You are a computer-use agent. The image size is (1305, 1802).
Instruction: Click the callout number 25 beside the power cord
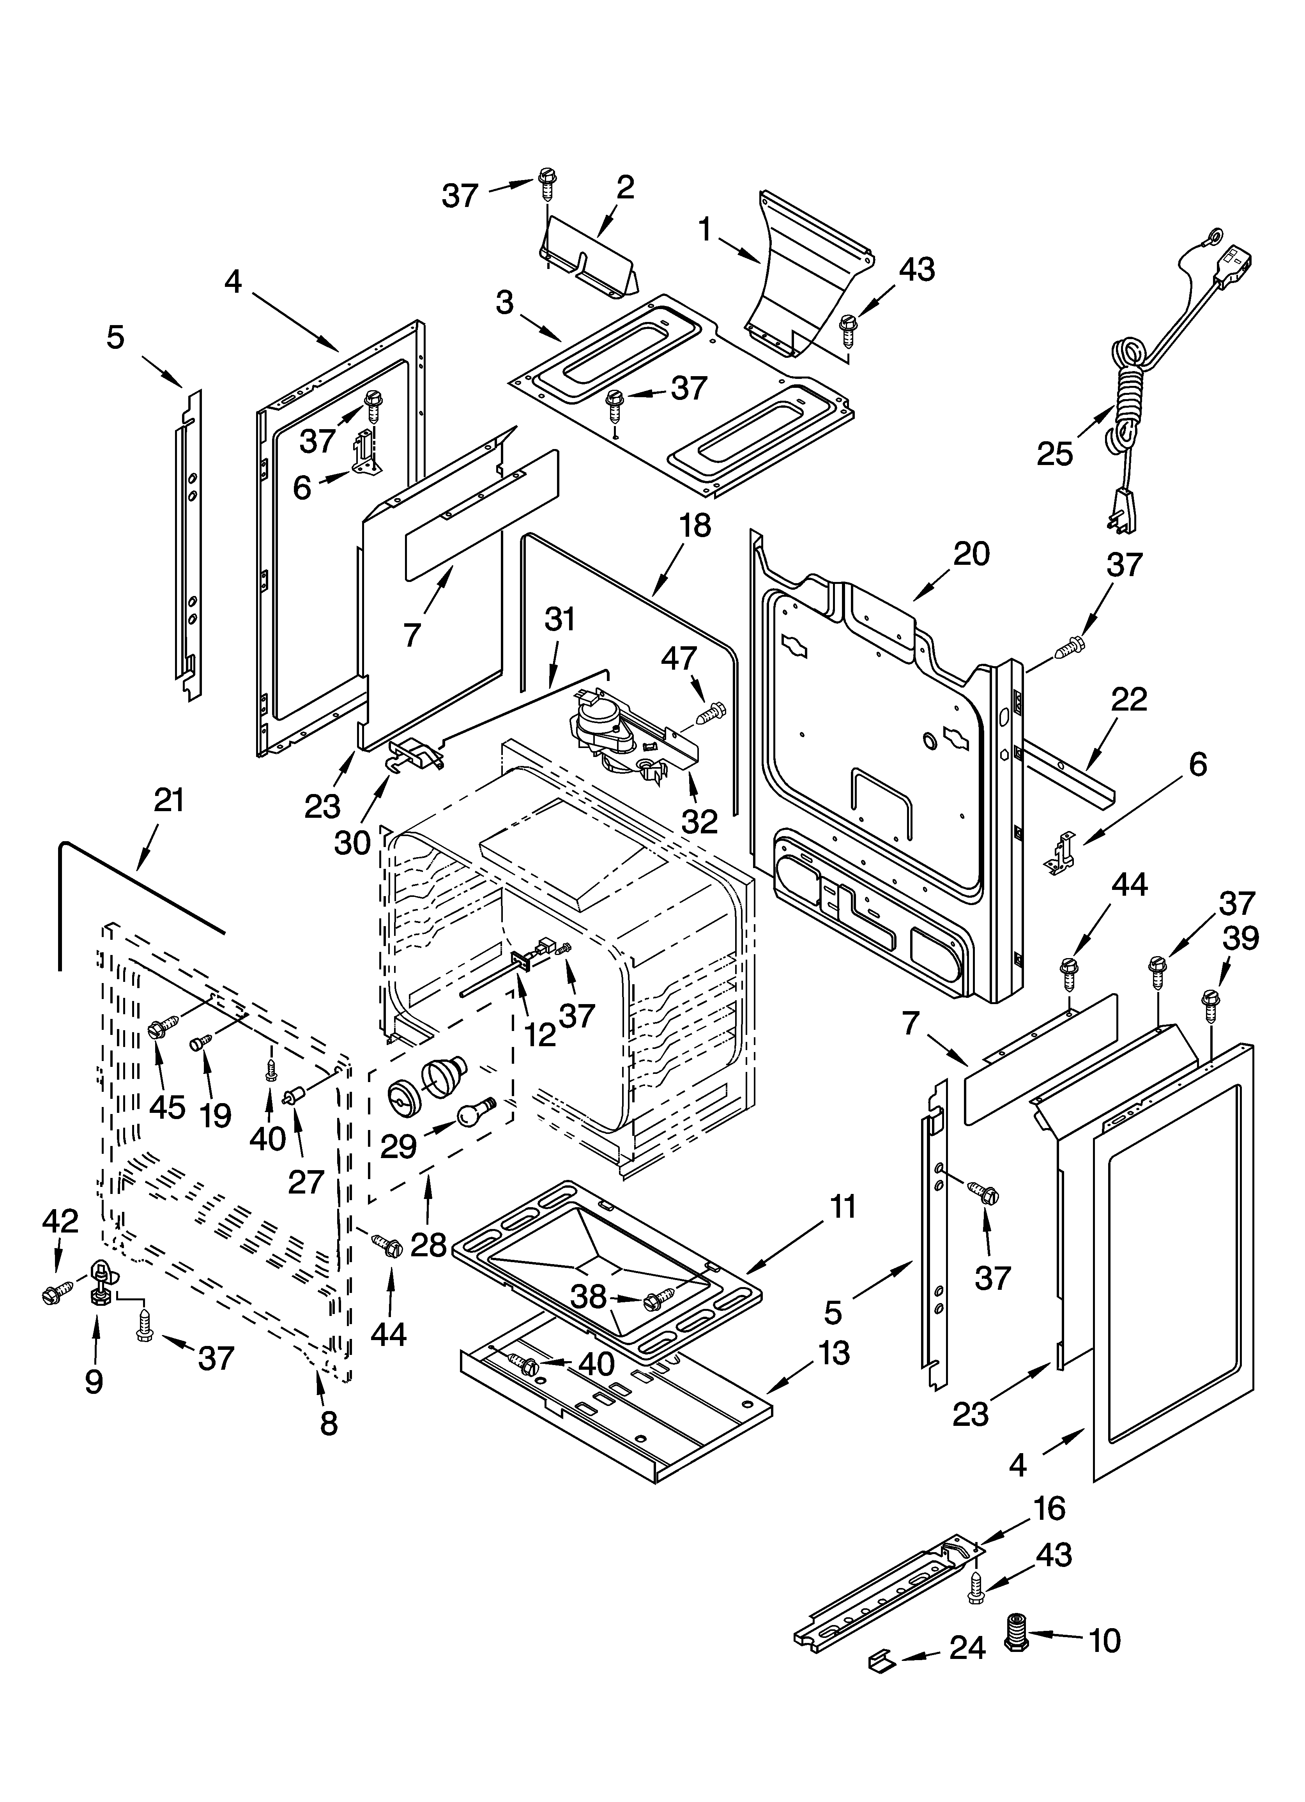click(1055, 454)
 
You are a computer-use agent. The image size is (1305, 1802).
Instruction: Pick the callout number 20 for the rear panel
click(971, 554)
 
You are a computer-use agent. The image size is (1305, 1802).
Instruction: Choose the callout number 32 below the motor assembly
click(699, 821)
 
